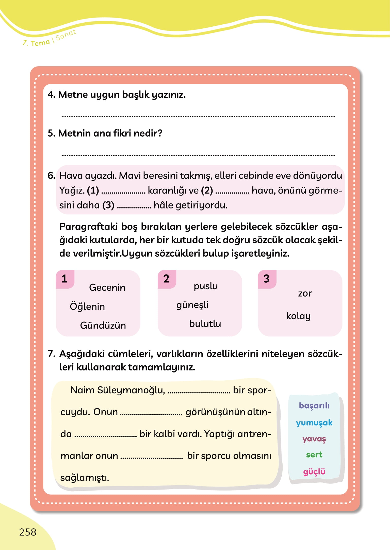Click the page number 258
(x=28, y=532)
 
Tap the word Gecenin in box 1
(x=107, y=287)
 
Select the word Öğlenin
(x=87, y=306)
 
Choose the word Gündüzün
(x=103, y=325)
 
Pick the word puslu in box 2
(x=206, y=286)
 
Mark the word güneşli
(x=192, y=305)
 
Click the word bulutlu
(x=205, y=324)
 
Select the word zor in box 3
(x=305, y=294)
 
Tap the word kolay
(x=298, y=316)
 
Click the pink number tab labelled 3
(x=267, y=279)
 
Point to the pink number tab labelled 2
(x=166, y=279)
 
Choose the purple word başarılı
(x=314, y=406)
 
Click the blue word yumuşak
(x=314, y=423)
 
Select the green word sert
(x=314, y=455)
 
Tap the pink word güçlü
(x=314, y=472)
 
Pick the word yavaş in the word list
(x=314, y=439)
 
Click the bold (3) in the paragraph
(x=108, y=205)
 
